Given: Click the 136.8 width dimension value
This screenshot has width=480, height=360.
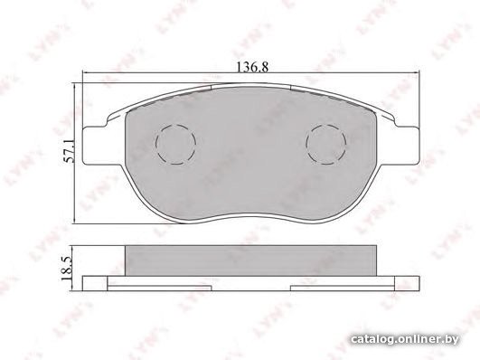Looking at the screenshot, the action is pos(253,67).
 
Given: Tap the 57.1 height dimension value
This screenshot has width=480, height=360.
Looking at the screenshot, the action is pos(69,151).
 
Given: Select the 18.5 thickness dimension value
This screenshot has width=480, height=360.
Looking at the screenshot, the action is pos(66,269).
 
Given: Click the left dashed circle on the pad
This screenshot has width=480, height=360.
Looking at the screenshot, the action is pos(175,144).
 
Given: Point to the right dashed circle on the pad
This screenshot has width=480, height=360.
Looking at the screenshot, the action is pos(326,144).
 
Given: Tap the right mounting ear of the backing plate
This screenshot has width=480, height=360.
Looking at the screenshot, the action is pos(407,146).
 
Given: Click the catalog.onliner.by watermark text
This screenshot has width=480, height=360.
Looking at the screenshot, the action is pos(405,339).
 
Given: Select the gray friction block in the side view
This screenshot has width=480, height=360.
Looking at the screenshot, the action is pos(250,261).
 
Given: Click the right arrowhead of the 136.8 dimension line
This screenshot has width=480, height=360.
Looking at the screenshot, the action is pos(416,73).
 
